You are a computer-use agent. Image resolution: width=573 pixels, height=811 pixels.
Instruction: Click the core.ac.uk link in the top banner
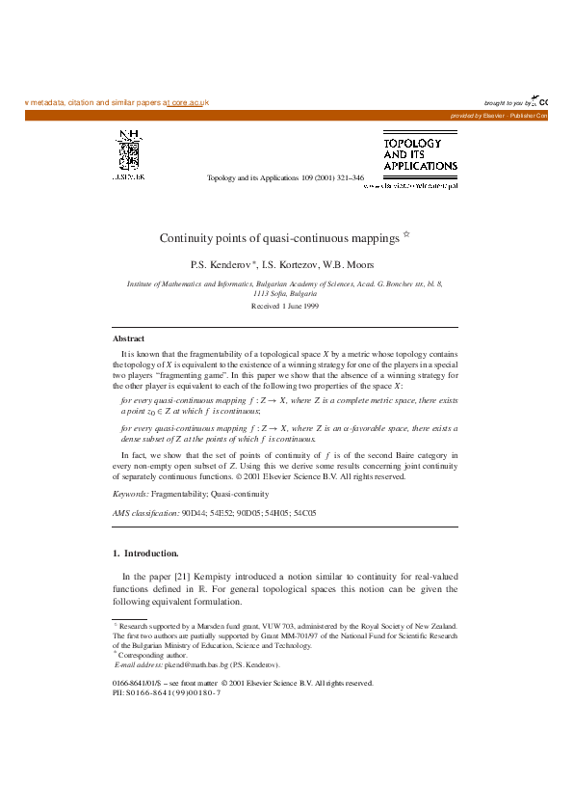click(189, 102)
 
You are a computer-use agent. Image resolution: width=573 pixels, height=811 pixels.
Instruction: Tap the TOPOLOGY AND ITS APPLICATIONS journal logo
click(420, 154)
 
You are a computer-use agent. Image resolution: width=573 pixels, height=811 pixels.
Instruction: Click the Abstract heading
click(129, 338)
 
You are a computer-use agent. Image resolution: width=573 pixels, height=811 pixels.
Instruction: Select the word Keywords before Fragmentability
click(130, 493)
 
